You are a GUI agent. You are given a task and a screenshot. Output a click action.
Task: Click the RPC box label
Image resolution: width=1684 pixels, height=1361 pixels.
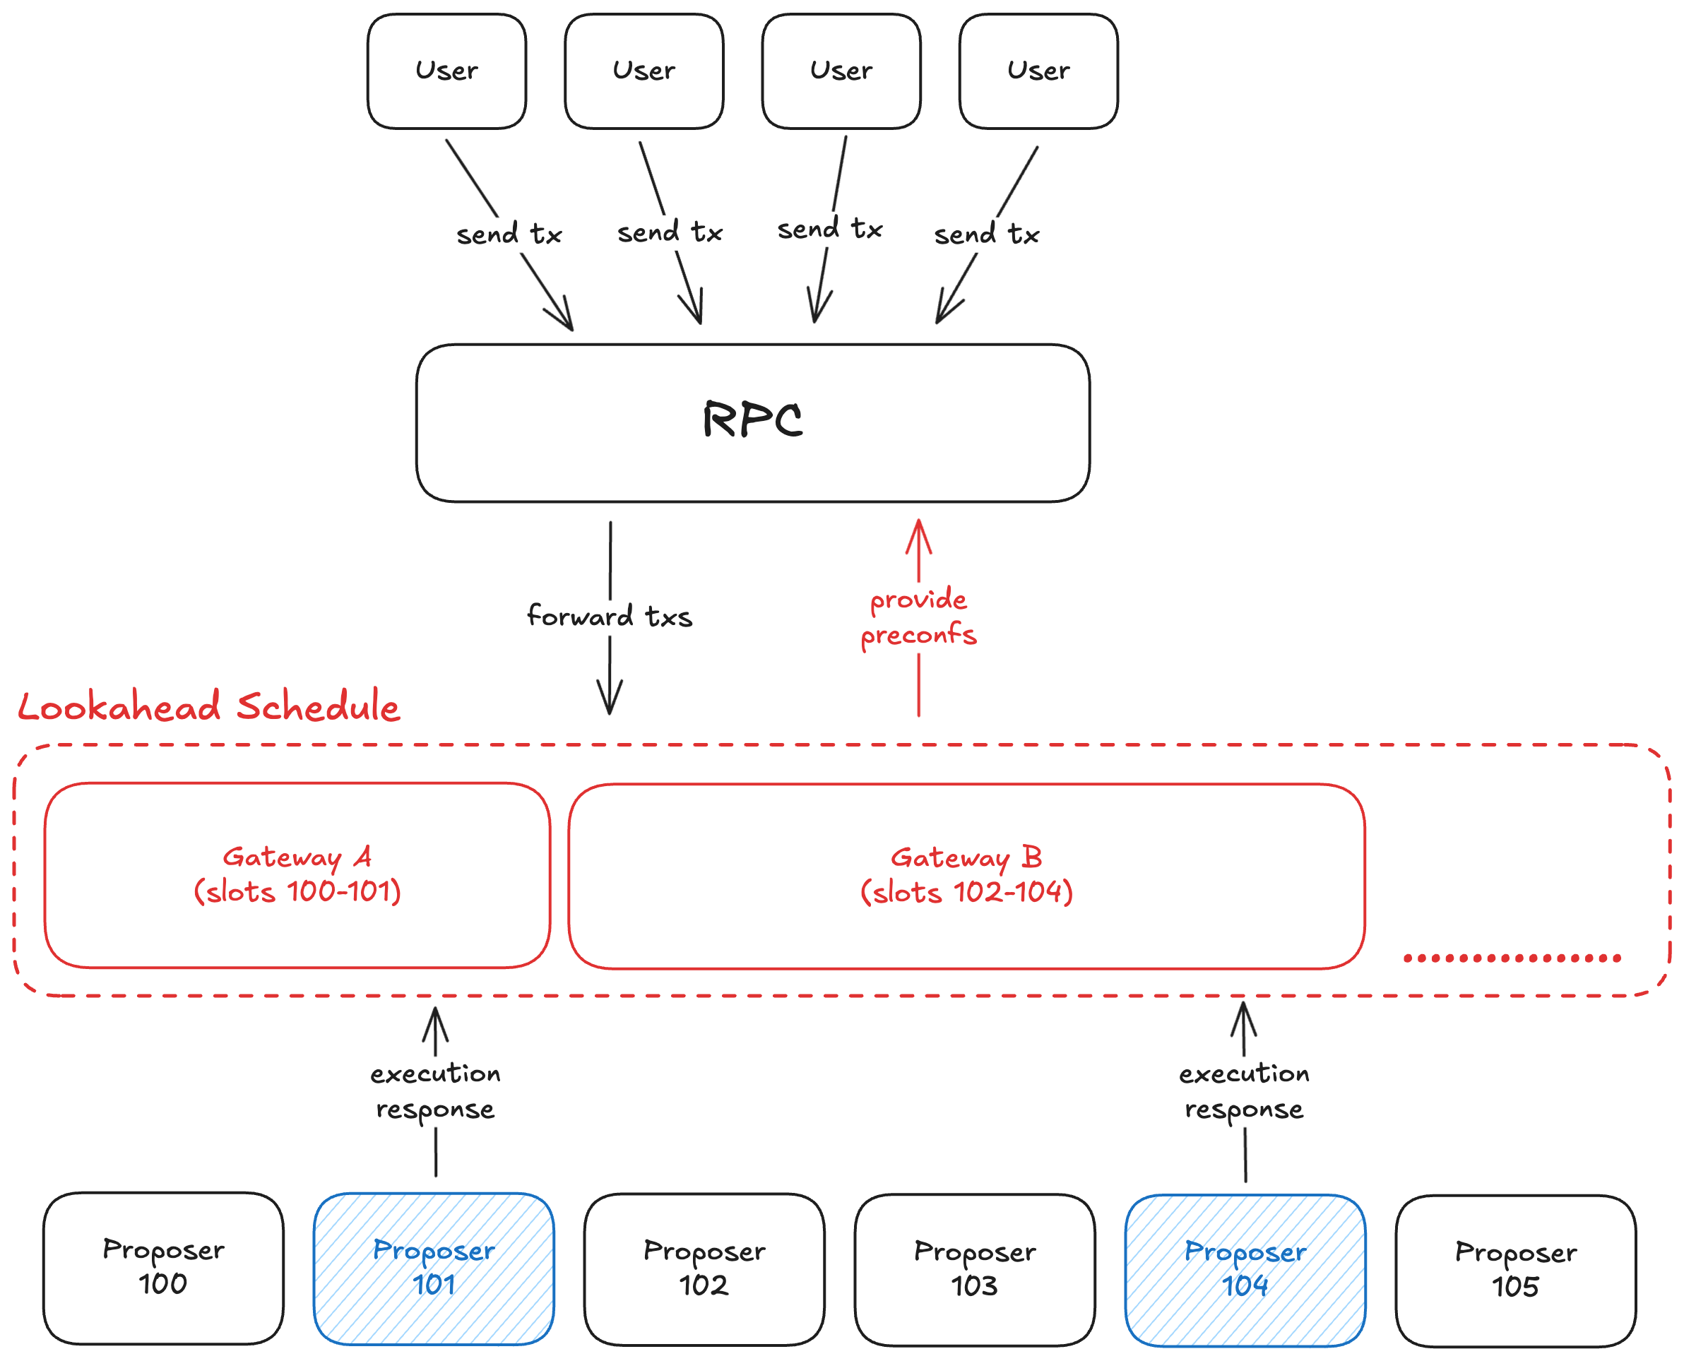752,420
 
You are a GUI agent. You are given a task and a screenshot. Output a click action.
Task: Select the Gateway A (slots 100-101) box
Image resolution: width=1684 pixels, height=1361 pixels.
297,875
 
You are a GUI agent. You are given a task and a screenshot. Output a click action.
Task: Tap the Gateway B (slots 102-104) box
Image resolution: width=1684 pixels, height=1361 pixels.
966,876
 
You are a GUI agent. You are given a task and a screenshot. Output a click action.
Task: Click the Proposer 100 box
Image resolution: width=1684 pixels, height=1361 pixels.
163,1268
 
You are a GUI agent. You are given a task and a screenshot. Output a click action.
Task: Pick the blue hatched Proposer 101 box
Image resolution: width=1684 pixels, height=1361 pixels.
434,1268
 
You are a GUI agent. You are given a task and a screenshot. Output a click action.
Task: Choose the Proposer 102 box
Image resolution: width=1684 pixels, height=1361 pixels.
704,1268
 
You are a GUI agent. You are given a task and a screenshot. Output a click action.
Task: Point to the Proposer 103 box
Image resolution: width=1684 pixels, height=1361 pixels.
975,1269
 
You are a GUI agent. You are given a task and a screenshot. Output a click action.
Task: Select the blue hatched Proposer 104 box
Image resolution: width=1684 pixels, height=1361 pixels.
1245,1269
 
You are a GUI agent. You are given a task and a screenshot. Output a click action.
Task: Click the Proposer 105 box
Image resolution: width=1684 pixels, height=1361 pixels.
1515,1270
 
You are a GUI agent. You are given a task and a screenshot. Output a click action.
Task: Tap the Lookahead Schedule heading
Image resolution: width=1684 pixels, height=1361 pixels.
208,707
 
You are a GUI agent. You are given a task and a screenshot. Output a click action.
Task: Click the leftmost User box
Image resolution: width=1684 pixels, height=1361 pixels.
446,71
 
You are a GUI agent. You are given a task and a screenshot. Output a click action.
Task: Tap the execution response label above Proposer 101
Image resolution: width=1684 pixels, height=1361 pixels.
435,1091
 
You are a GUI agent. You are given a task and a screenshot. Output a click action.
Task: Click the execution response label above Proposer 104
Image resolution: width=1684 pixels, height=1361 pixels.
1244,1091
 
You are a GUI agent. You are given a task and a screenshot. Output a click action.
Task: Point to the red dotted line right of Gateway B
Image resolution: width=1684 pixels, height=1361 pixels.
1512,958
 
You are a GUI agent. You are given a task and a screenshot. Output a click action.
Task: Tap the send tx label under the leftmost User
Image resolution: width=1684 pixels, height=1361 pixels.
509,234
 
